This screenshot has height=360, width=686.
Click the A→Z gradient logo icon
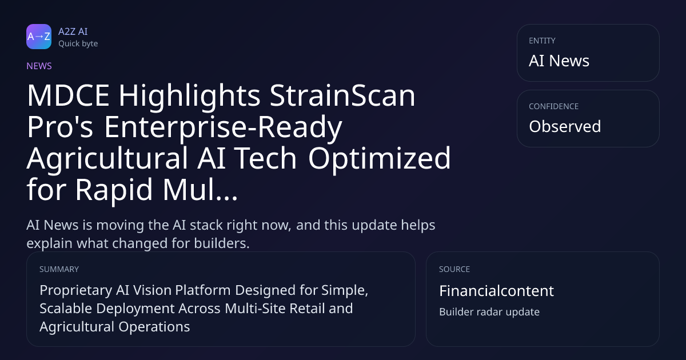pyautogui.click(x=39, y=37)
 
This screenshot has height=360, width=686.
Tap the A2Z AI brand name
pyautogui.click(x=73, y=31)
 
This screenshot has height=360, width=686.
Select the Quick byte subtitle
pyautogui.click(x=78, y=44)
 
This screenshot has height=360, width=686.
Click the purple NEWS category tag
pyautogui.click(x=39, y=66)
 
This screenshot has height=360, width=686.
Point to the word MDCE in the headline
pyautogui.click(x=68, y=95)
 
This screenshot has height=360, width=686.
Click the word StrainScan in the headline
pyautogui.click(x=342, y=95)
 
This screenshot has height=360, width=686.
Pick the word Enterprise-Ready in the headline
pyautogui.click(x=223, y=127)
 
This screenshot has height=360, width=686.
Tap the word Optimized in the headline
pyautogui.click(x=379, y=159)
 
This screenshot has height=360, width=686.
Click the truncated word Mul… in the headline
pyautogui.click(x=200, y=190)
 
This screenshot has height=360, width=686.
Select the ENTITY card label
pyautogui.click(x=542, y=41)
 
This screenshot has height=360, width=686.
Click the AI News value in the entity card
pyautogui.click(x=559, y=61)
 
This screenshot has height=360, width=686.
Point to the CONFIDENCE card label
pyautogui.click(x=554, y=106)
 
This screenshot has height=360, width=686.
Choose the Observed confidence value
pyautogui.click(x=565, y=126)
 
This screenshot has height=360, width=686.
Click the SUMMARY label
pyautogui.click(x=59, y=269)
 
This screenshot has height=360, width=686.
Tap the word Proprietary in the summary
pyautogui.click(x=75, y=290)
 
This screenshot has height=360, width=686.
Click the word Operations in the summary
pyautogui.click(x=154, y=327)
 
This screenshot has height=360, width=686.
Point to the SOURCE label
pyautogui.click(x=454, y=269)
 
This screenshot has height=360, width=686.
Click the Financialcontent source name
pyautogui.click(x=496, y=291)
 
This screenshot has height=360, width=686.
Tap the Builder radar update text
pyautogui.click(x=489, y=312)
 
